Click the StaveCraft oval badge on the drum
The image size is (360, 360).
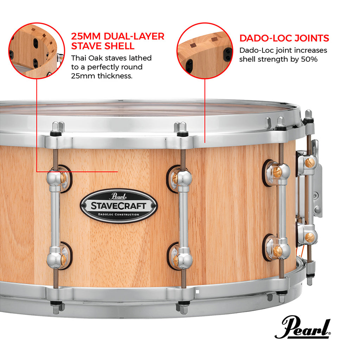(x=119, y=206)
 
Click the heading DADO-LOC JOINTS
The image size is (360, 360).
(x=284, y=38)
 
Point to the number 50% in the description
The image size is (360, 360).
(x=309, y=59)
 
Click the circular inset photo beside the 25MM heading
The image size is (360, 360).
(x=37, y=50)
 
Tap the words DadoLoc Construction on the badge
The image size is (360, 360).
(x=119, y=214)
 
